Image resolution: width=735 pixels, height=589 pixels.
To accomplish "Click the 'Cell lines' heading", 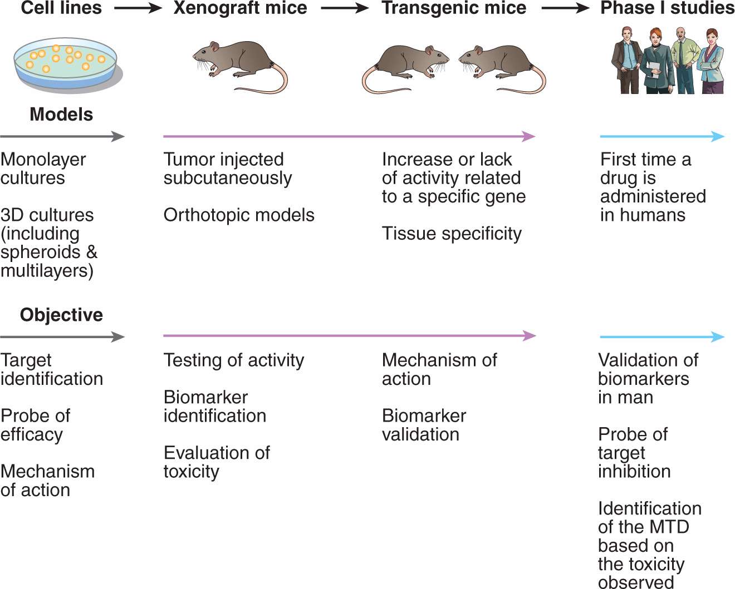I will click(61, 8).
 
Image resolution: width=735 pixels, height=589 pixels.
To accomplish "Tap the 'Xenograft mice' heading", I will click(240, 8).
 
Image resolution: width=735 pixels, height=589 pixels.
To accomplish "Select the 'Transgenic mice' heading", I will click(454, 8).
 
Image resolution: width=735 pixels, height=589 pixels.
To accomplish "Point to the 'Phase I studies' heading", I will click(667, 8).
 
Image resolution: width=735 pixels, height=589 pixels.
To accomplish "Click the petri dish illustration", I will click(66, 63).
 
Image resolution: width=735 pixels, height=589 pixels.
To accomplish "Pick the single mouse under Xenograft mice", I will click(239, 64).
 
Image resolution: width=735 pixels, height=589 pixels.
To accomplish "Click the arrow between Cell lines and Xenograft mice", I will click(138, 8).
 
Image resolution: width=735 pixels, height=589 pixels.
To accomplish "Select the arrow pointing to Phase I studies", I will click(565, 8).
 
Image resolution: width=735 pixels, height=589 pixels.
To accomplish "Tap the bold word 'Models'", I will click(61, 115).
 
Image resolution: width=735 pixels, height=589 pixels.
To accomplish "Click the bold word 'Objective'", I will click(61, 315).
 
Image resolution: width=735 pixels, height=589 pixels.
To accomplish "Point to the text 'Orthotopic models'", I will click(239, 215).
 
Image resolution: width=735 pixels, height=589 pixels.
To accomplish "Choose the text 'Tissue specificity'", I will click(452, 234).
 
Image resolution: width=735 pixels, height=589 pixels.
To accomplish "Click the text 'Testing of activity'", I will click(234, 360).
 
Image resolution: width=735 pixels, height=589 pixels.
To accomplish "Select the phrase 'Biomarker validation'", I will click(423, 425).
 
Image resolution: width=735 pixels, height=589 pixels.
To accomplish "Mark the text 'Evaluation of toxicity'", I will click(217, 462).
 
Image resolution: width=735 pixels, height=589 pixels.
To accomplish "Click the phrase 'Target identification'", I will click(51, 369).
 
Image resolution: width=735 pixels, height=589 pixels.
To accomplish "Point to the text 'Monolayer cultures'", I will click(43, 169).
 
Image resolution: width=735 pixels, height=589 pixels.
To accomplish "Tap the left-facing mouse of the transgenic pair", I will click(501, 67).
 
